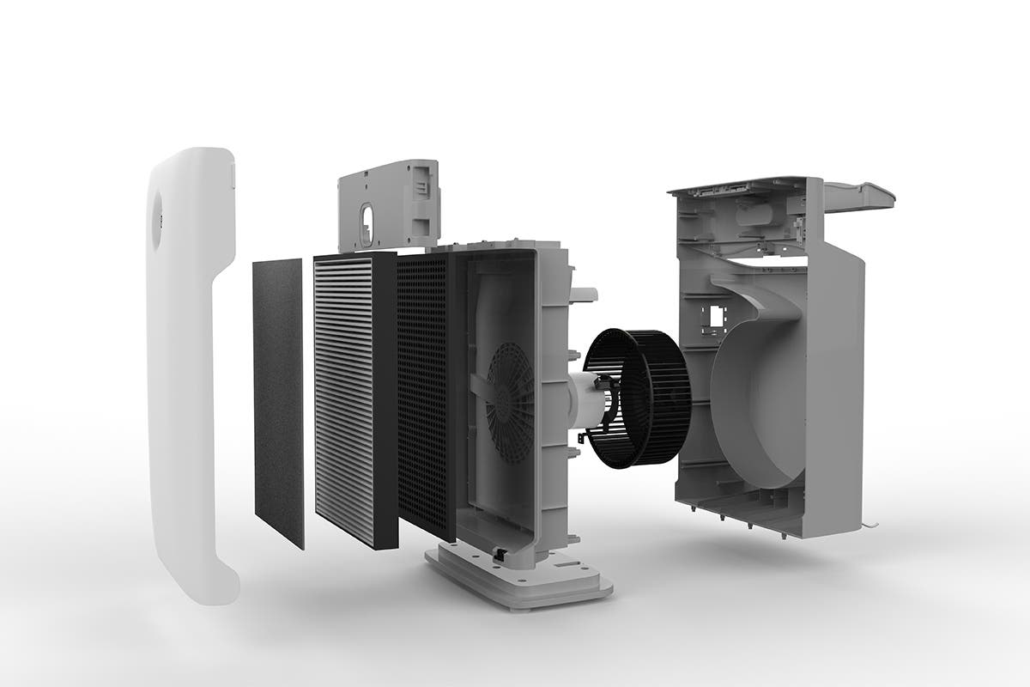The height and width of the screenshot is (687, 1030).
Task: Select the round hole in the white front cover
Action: [x=157, y=219]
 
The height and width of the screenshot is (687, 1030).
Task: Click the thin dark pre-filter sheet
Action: [x=278, y=399]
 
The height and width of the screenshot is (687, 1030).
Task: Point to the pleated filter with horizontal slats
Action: [x=343, y=399]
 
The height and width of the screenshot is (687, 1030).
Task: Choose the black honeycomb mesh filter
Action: [x=422, y=395]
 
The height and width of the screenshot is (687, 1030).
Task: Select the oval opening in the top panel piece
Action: [x=367, y=220]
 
